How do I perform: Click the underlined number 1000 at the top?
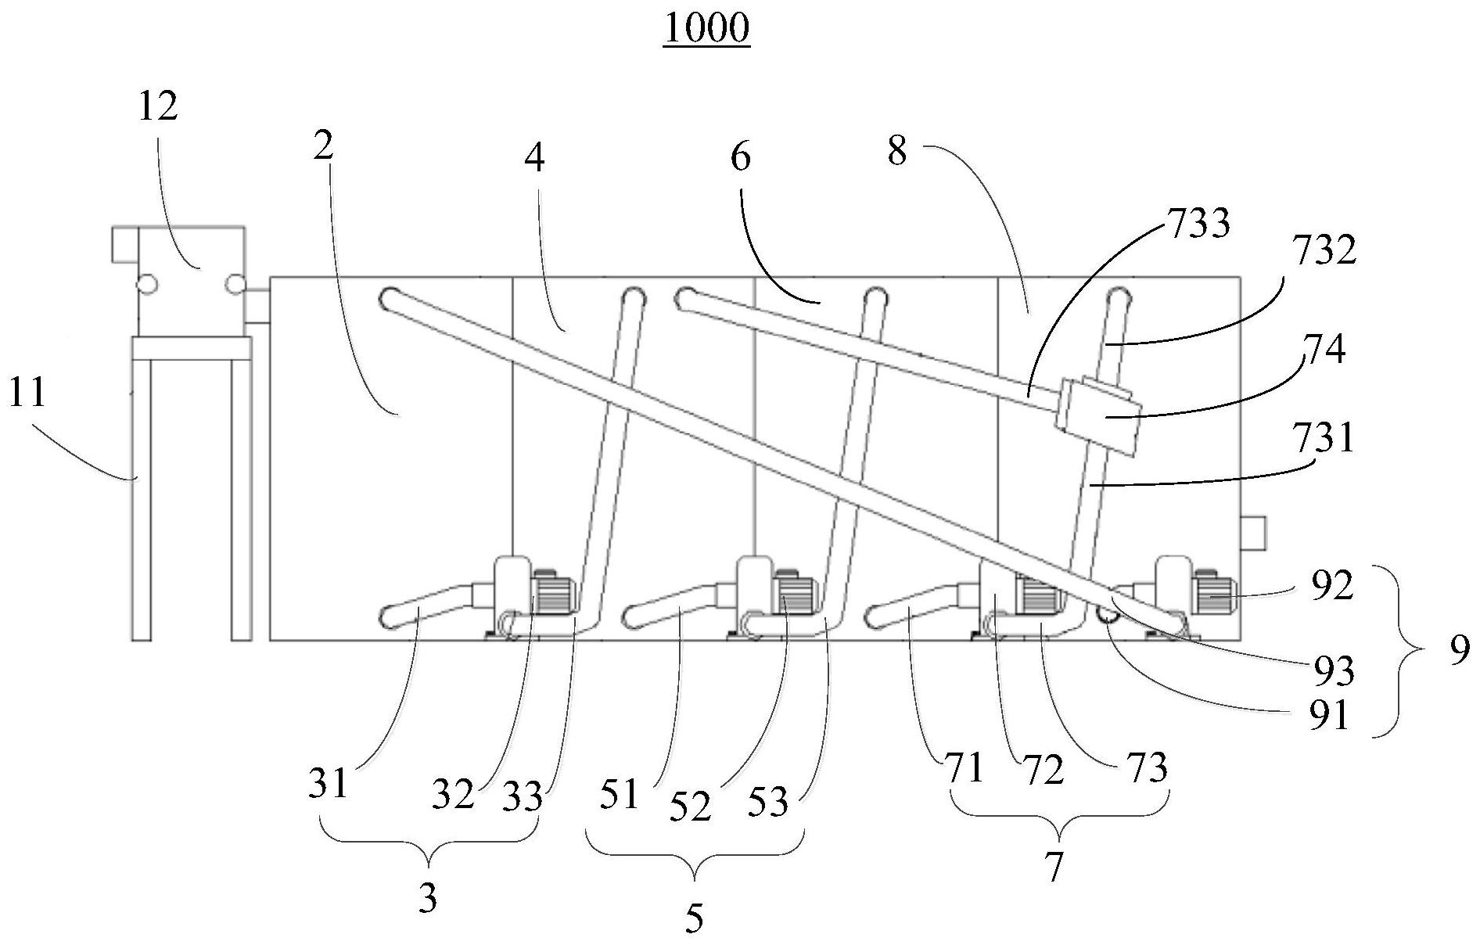pos(706,29)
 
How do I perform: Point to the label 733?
pos(1198,224)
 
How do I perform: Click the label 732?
pos(1324,252)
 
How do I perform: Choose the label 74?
pos(1324,350)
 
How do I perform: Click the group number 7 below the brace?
pos(1054,868)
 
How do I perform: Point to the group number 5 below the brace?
pos(694,918)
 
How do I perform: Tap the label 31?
pos(327,782)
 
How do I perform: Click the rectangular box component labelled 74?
pos(1097,416)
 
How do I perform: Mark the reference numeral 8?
pos(897,151)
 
